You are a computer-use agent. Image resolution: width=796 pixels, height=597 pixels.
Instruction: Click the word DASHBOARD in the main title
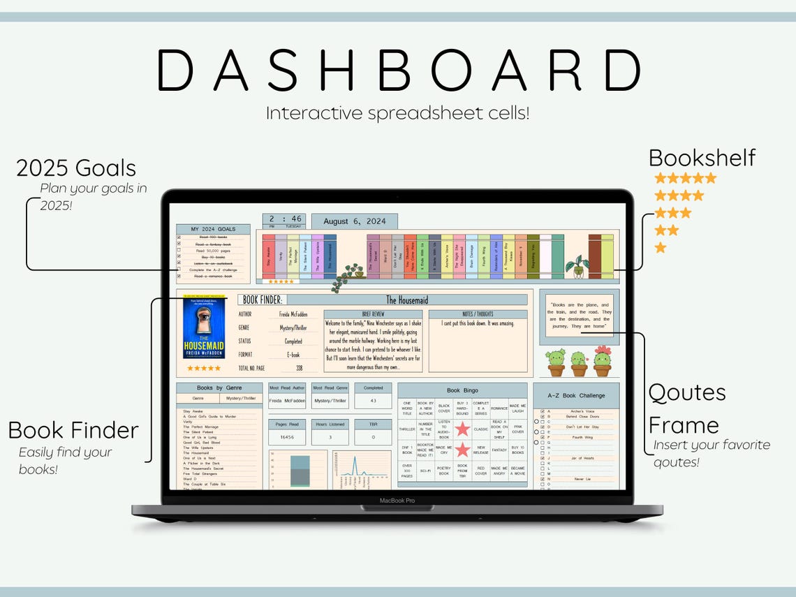398,71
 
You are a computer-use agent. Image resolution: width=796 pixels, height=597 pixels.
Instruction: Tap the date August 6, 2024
354,221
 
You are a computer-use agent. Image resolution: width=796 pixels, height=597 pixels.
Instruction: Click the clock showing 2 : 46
283,219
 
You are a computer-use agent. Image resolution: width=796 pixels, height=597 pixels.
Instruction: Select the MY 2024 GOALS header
213,229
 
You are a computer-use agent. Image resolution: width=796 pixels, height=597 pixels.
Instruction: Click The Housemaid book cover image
204,329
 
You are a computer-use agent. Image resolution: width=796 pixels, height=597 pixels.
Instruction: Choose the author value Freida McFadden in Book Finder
288,314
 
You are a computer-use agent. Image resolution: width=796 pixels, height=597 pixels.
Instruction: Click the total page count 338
299,367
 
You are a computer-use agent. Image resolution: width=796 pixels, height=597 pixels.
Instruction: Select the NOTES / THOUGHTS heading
478,314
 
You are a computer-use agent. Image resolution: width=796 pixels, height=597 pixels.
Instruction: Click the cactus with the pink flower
603,361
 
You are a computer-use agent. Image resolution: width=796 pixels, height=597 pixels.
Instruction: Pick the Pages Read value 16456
286,438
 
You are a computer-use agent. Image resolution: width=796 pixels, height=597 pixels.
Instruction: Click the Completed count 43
372,401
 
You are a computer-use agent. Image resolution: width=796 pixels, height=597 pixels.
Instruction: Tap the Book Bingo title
462,391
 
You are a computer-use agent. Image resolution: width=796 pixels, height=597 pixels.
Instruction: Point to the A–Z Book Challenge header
576,395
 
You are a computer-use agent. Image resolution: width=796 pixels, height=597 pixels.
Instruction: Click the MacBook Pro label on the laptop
397,501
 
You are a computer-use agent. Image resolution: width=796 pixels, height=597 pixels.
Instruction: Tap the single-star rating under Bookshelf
660,248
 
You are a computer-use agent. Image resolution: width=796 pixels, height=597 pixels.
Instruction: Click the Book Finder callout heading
73,430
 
